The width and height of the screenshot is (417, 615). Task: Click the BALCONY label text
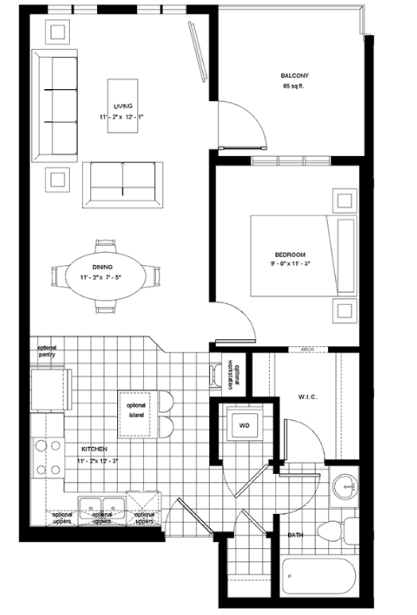point(294,76)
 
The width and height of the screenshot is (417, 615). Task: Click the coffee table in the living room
point(122,104)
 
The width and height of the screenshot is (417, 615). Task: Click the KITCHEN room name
point(93,450)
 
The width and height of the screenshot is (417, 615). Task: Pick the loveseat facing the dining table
point(124,182)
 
